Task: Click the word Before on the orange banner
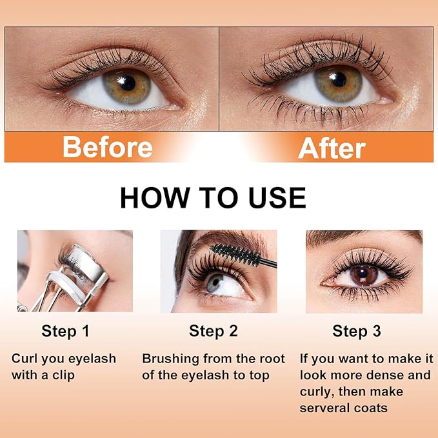pyautogui.click(x=107, y=147)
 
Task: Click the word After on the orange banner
pyautogui.click(x=332, y=147)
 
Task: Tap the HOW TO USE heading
pyautogui.click(x=213, y=198)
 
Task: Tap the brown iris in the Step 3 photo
pyautogui.click(x=364, y=275)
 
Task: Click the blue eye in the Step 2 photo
pyautogui.click(x=215, y=284)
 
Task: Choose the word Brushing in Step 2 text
pyautogui.click(x=170, y=359)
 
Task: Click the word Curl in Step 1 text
pyautogui.click(x=24, y=359)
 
